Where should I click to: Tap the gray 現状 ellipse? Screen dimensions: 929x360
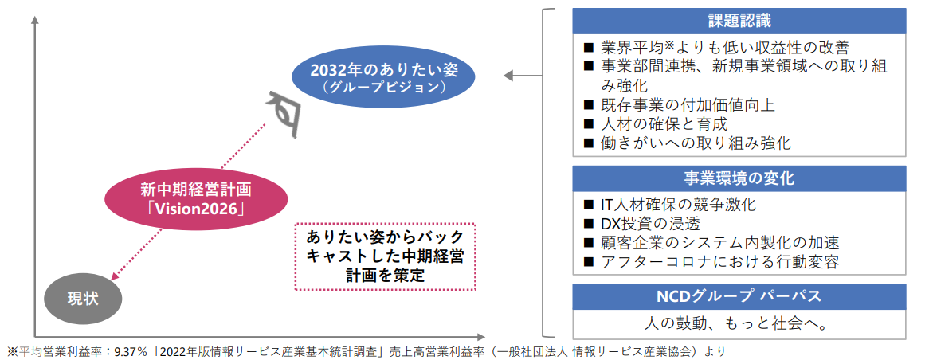82,298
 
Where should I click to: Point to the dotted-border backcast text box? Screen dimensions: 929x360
386,256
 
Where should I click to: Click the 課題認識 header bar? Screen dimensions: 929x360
739,22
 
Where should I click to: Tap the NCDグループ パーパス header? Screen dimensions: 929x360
739,296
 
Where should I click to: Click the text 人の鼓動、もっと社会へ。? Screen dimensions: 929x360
739,325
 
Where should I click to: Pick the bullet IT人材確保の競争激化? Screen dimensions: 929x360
669,205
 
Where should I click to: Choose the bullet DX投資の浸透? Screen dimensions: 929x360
642,225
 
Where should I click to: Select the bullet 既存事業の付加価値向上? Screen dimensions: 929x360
679,105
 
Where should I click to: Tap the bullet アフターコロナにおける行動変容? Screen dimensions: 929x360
711,262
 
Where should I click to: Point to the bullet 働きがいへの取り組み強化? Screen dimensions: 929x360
688,143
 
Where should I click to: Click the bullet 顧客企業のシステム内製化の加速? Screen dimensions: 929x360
711,244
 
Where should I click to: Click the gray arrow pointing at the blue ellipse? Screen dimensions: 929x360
523,76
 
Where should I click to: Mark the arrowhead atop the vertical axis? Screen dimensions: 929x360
35,20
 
